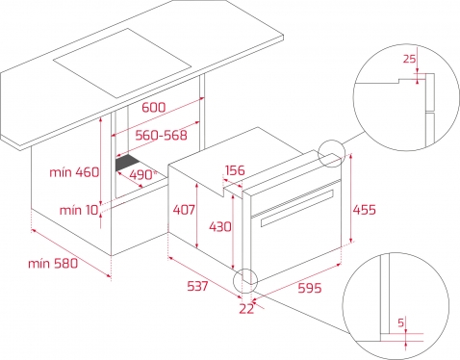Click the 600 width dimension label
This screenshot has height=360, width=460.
[x=154, y=107]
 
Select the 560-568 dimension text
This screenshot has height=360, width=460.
[x=161, y=136]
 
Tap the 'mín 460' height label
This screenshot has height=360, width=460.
[x=74, y=172]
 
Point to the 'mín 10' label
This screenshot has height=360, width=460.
[x=79, y=211]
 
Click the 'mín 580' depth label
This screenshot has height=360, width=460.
[x=53, y=264]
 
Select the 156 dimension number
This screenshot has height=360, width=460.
[x=235, y=170]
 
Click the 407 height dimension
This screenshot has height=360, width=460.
[x=184, y=210]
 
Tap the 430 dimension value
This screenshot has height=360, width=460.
[x=220, y=227]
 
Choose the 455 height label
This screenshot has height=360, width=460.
[x=364, y=210]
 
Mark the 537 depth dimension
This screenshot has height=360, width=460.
[x=197, y=286]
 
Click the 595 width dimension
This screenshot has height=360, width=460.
[x=310, y=288]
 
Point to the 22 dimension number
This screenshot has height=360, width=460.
[x=246, y=309]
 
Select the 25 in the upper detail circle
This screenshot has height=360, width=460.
[x=409, y=59]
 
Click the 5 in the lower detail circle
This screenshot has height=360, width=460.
[x=401, y=322]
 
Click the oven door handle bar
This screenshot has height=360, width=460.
[x=297, y=208]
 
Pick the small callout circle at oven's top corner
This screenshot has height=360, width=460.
[x=331, y=141]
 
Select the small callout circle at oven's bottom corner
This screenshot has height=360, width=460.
[x=245, y=269]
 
